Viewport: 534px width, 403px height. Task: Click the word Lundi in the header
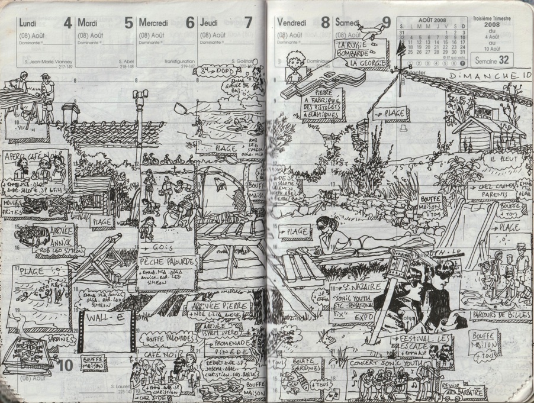pos(28,23)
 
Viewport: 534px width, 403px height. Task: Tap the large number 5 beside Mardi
pos(128,23)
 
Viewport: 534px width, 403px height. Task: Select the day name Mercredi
pos(155,23)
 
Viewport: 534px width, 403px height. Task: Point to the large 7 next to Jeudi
pos(247,23)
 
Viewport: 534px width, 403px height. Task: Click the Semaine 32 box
pos(495,60)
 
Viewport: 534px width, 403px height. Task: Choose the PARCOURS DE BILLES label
pos(501,315)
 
